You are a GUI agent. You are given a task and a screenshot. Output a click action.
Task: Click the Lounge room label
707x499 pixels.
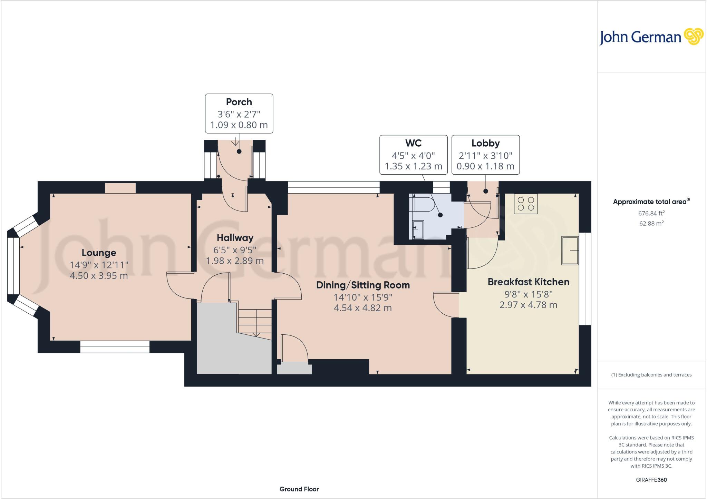99,253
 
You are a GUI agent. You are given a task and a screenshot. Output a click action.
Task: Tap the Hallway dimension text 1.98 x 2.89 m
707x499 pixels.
235,261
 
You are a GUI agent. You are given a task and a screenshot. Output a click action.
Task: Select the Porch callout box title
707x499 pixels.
239,102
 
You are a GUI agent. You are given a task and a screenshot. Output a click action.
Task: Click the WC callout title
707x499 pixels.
413,143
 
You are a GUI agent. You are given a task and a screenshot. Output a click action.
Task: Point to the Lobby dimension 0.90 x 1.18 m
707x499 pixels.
485,166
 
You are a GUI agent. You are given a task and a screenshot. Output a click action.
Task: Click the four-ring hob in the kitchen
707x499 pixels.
526,204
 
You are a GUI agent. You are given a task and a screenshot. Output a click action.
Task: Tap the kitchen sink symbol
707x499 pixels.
570,251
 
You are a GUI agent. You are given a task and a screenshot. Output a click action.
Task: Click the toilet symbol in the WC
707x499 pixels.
421,204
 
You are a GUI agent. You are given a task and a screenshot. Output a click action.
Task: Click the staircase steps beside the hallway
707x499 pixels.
255,321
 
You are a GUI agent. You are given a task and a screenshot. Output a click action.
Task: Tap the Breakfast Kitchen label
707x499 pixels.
528,282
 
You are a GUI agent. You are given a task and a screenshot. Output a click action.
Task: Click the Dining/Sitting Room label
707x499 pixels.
363,285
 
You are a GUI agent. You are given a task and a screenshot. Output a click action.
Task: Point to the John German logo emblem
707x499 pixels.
694,37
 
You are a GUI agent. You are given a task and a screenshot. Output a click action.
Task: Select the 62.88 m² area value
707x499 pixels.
651,223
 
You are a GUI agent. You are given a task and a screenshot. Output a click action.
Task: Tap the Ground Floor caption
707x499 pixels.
299,489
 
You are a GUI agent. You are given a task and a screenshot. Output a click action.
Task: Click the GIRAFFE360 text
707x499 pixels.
651,480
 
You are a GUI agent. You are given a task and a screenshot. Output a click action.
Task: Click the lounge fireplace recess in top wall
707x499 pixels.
120,188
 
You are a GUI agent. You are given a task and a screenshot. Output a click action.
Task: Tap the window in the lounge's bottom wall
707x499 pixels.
115,346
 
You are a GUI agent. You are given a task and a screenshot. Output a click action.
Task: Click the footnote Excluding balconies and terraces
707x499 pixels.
651,375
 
